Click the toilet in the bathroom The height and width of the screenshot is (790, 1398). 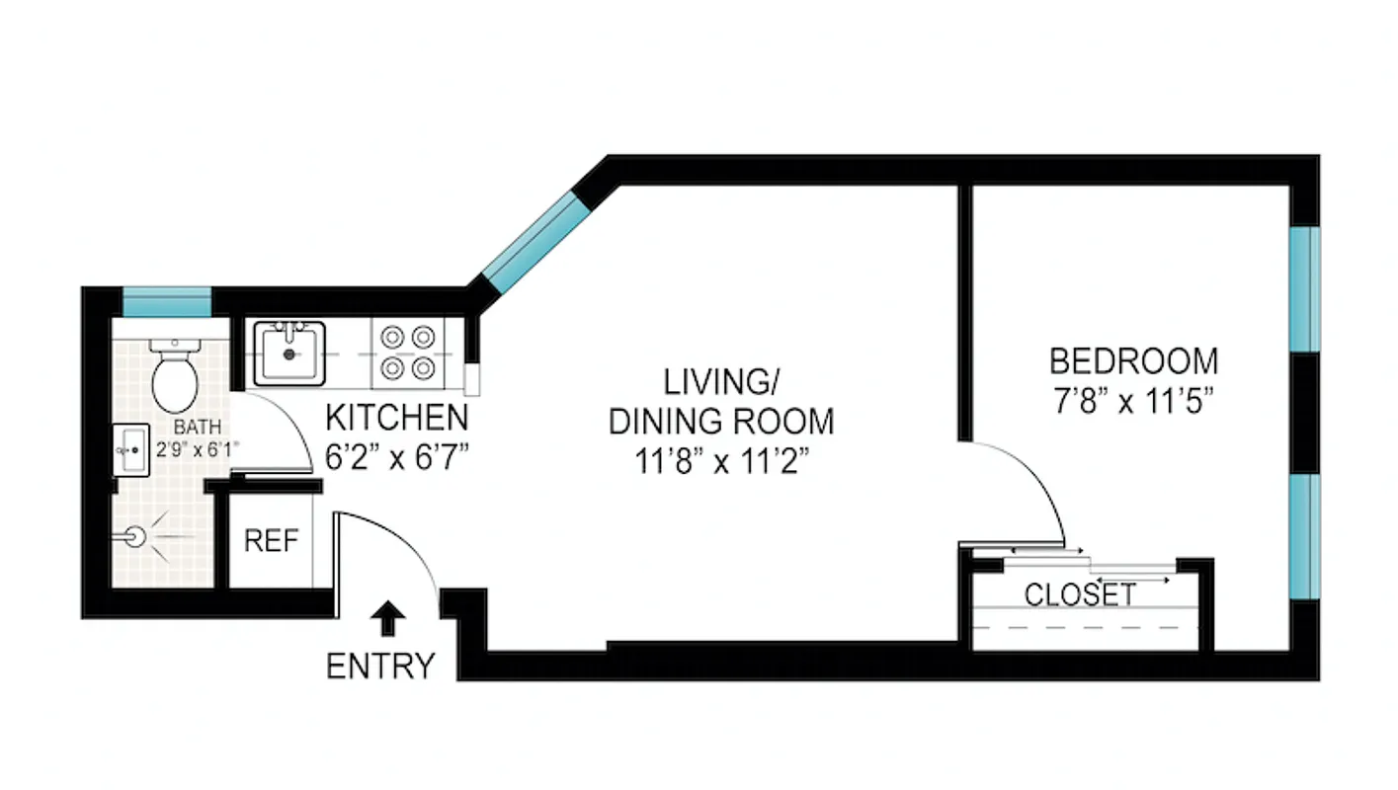tap(176, 379)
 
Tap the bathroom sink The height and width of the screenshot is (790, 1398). tap(130, 450)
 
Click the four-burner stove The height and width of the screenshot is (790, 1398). tap(409, 353)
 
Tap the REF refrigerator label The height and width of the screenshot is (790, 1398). tap(271, 541)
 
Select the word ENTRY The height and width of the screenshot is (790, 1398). tap(380, 667)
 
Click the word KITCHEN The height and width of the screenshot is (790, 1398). tap(397, 418)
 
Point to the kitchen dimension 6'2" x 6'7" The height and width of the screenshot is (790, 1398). tap(397, 458)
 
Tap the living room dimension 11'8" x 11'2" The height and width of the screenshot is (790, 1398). tap(721, 461)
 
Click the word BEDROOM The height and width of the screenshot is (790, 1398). tap(1133, 361)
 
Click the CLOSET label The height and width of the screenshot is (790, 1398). tap(1080, 595)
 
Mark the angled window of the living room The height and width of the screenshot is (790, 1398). tap(534, 243)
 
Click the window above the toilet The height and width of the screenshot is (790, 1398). tap(166, 302)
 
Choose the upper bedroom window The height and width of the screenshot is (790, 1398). tap(1305, 289)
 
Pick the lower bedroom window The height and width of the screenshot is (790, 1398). tap(1305, 536)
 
